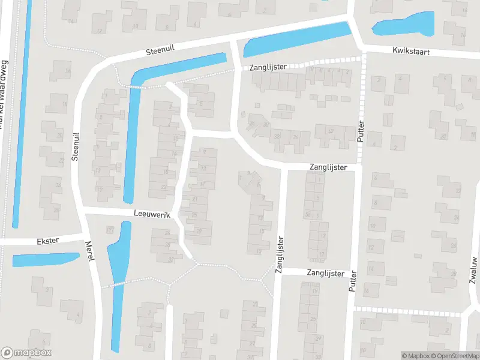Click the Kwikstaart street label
(x=412, y=52)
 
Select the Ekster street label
(x=47, y=241)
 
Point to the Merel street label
(x=90, y=251)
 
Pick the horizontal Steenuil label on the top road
(x=160, y=52)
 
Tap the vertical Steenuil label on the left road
(x=76, y=147)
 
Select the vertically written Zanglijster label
(x=280, y=255)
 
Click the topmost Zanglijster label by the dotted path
(x=268, y=68)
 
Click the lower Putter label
(x=352, y=281)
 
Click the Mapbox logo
(x=26, y=353)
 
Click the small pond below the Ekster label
(x=45, y=259)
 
